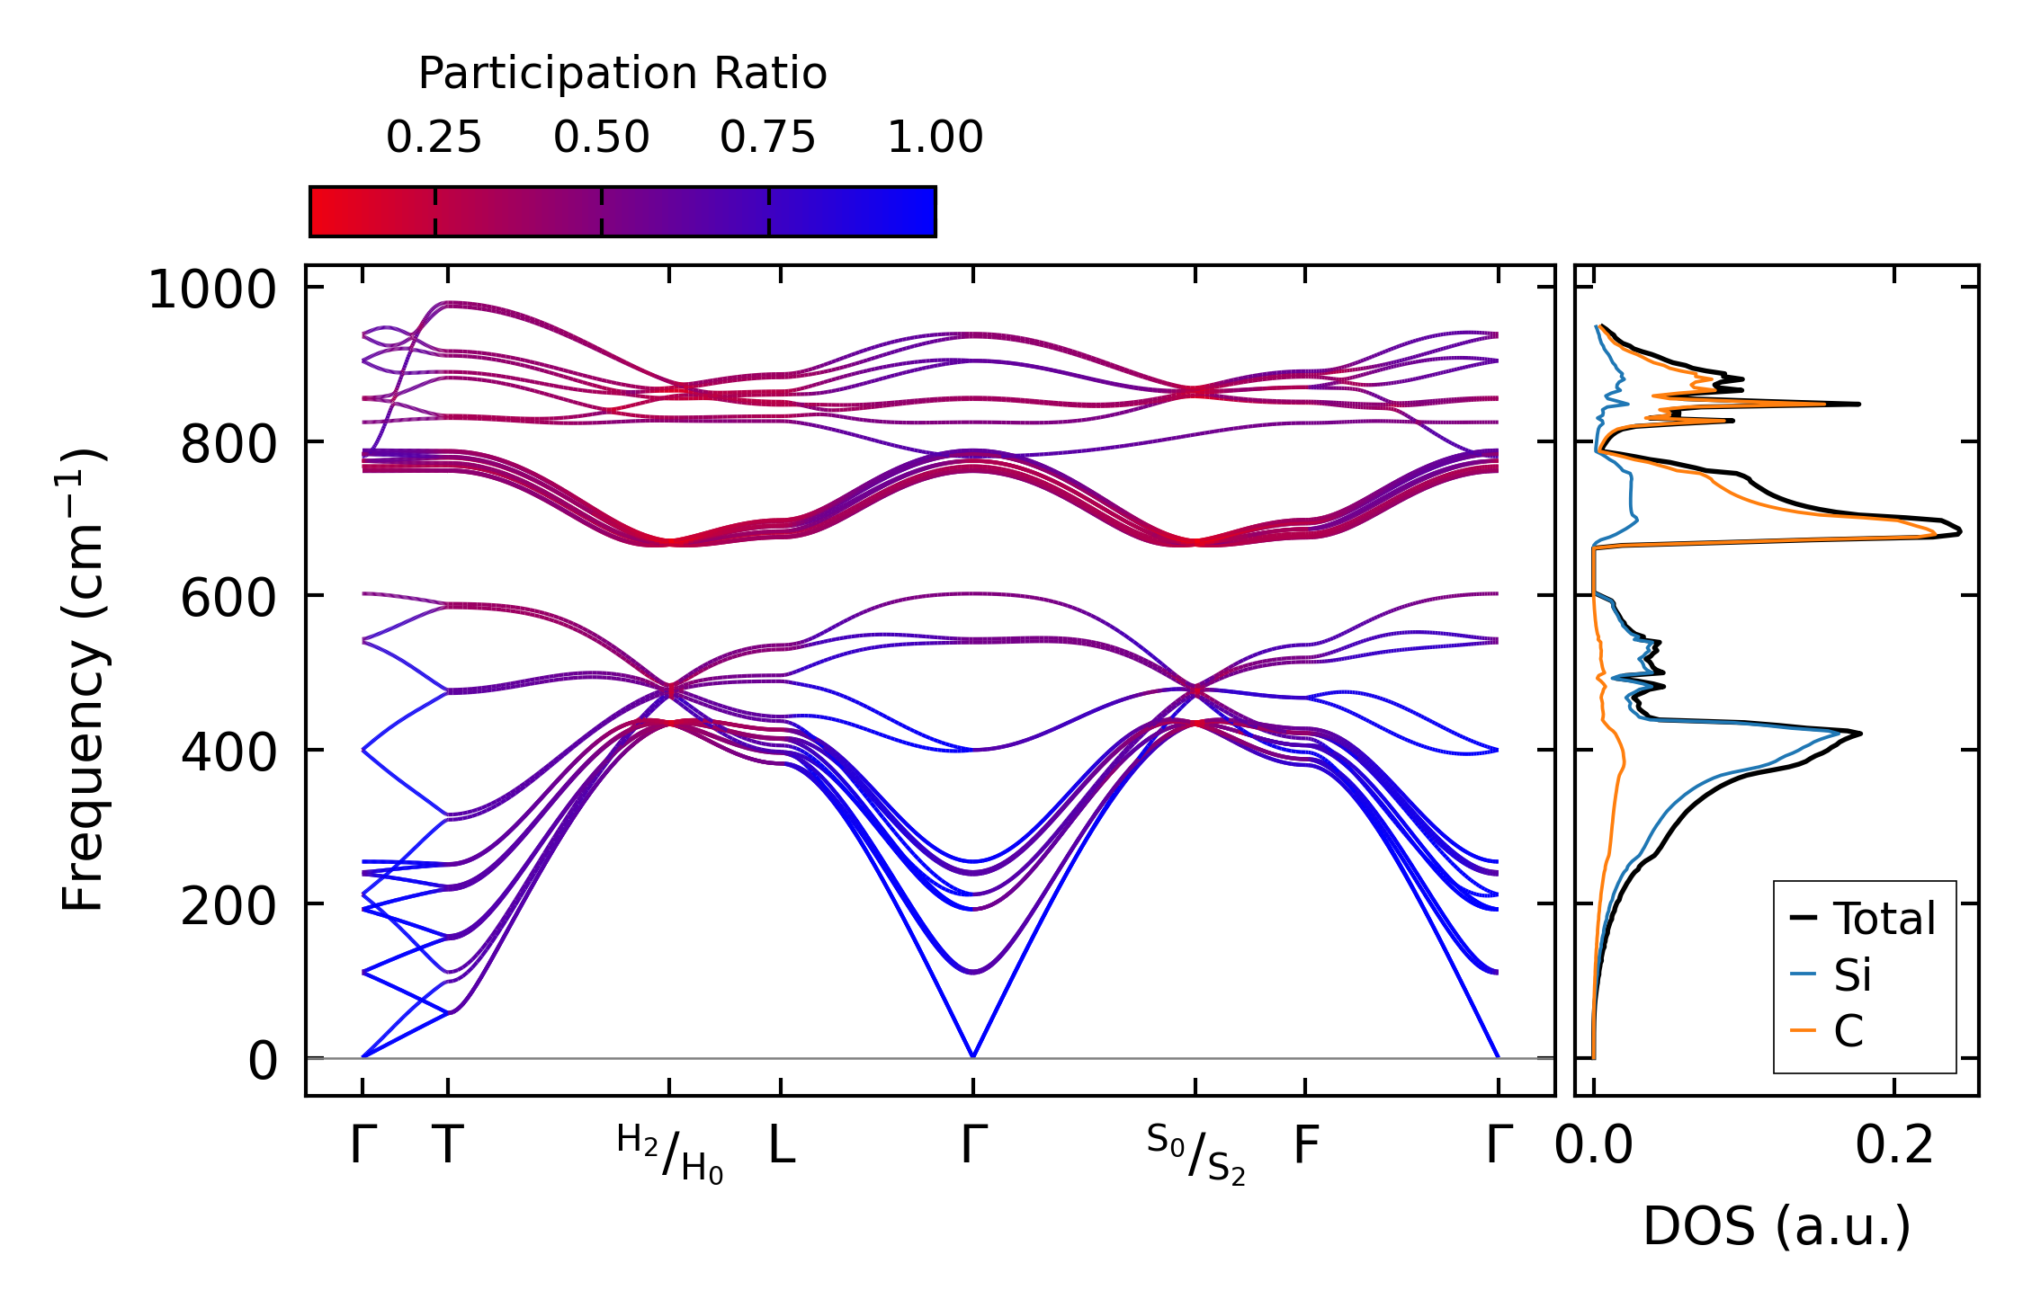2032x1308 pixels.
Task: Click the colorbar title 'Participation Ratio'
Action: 622,74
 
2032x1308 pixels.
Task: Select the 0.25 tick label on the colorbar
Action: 434,138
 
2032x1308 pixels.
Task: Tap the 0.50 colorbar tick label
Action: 601,138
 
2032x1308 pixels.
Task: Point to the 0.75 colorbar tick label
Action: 767,138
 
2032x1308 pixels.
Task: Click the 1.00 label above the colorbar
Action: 935,138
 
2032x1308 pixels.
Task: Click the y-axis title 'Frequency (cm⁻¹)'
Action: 84,680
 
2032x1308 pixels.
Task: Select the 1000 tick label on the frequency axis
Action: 212,290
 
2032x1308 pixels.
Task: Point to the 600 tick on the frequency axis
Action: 228,598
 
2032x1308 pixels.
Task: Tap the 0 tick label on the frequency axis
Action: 263,1061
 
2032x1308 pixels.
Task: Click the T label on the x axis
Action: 448,1146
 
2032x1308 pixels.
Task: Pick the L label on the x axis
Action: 782,1146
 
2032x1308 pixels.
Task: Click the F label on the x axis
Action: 1306,1146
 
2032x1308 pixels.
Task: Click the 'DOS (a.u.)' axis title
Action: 1777,1226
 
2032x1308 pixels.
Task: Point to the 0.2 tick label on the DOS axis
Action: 1894,1146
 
